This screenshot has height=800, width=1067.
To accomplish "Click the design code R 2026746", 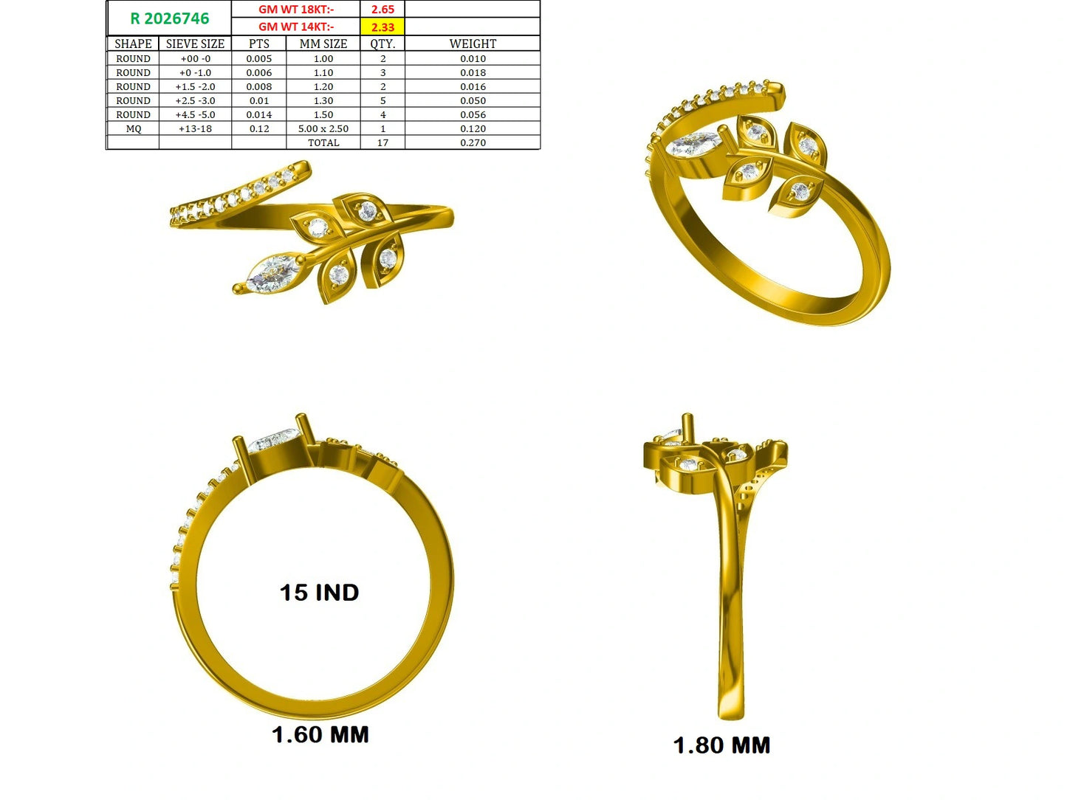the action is point(170,18).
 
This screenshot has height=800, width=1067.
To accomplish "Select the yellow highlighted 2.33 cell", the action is point(382,27).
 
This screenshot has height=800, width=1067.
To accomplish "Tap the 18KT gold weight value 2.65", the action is point(382,10).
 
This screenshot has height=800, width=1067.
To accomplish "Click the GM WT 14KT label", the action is point(296,27).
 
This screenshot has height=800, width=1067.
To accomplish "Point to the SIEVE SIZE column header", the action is point(195,44).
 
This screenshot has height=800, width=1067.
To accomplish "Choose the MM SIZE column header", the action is point(323,44).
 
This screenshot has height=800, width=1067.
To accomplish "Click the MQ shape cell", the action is point(133,128).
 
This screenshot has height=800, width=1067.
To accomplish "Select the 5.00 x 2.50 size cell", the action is point(323,128).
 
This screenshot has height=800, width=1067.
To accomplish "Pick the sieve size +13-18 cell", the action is point(195,128).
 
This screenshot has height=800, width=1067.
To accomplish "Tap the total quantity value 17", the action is point(382,143).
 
